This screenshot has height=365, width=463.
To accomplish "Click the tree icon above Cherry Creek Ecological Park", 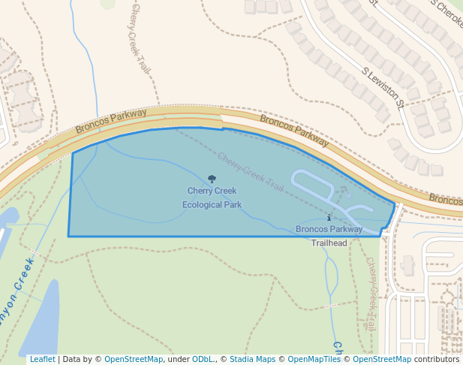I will pyautogui.click(x=212, y=179).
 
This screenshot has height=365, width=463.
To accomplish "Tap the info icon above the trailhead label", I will pyautogui.click(x=329, y=218).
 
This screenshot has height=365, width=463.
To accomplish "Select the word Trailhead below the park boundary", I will pyautogui.click(x=329, y=243).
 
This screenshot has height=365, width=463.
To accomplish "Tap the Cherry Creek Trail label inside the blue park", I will pyautogui.click(x=251, y=171).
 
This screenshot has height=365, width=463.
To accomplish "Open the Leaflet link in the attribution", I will pyautogui.click(x=42, y=359).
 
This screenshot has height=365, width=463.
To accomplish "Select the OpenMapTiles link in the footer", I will pyautogui.click(x=314, y=359).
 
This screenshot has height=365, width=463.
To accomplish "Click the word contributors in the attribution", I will pyautogui.click(x=436, y=359).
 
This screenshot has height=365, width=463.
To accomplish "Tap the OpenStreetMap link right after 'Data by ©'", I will pyautogui.click(x=134, y=359).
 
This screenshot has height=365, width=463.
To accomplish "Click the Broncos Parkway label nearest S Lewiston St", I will pyautogui.click(x=295, y=130).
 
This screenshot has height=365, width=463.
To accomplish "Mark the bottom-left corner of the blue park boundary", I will pyautogui.click(x=69, y=236).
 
